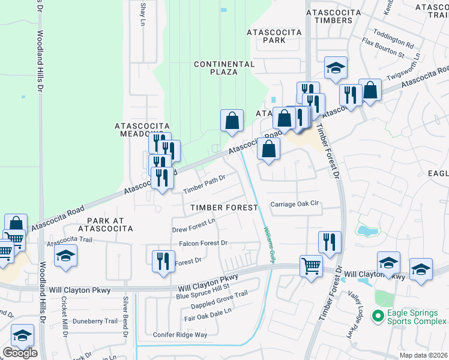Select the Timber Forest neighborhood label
tap(224, 207)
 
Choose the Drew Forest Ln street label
tap(193, 226)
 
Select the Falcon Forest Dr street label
tap(203, 244)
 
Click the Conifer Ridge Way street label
tap(180, 335)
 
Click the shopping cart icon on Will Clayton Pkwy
tap(311, 265)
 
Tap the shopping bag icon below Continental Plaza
tap(232, 121)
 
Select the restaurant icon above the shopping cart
tap(329, 242)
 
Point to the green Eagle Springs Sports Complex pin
tap(377, 315)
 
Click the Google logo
tap(20, 353)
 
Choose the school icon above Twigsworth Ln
tap(336, 68)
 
